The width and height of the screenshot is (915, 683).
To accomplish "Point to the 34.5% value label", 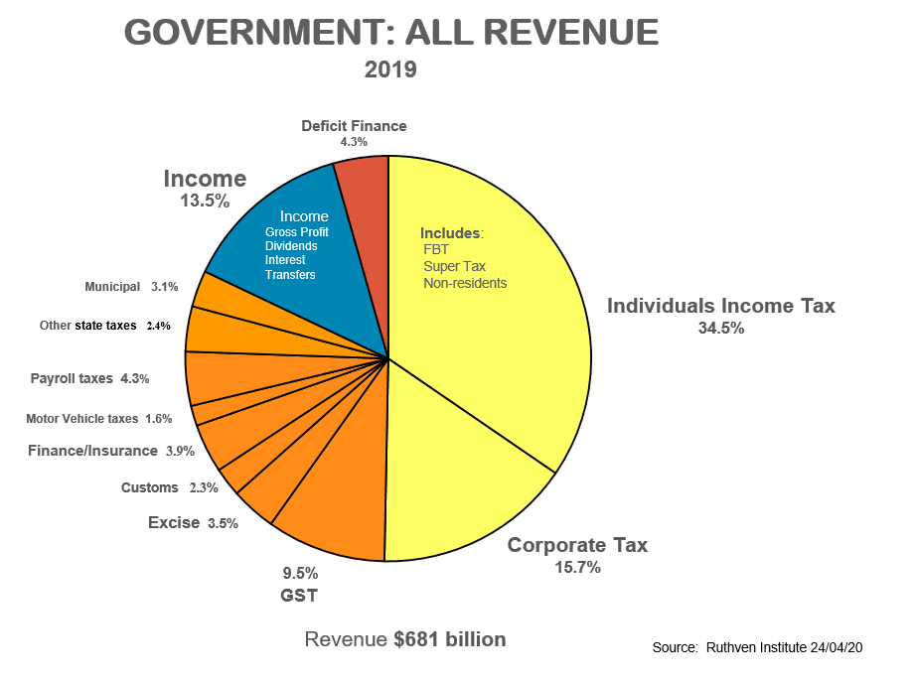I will point(721,329).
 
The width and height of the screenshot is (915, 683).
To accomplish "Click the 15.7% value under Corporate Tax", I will point(577,568).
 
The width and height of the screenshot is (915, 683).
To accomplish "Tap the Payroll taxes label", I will point(72,378).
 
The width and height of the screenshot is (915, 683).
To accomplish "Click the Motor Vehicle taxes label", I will point(81,419).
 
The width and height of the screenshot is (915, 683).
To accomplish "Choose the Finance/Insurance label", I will point(92,451).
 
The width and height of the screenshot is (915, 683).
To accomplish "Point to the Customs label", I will point(149,487).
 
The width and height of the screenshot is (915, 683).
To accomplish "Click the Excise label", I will point(174,522).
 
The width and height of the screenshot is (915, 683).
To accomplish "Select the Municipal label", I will point(112,287).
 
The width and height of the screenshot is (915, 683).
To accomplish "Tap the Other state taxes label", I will point(87,326).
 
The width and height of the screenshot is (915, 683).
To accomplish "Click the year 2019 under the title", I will point(390,70).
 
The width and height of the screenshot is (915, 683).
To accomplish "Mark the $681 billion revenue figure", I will point(449,639).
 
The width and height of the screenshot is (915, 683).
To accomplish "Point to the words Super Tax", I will point(454,266).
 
